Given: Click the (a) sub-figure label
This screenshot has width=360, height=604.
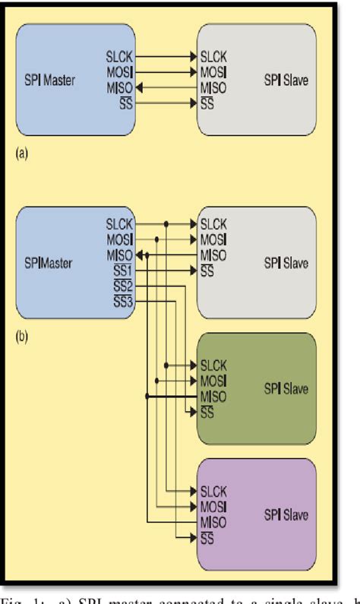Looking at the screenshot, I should coord(21,153).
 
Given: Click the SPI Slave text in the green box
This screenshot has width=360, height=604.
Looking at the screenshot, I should coord(286,390).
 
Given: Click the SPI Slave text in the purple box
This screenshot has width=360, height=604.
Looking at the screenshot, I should coord(286,516).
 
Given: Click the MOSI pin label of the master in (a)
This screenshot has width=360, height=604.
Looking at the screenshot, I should coord(120,72).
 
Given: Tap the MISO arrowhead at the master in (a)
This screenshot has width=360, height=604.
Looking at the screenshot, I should coord(141,88).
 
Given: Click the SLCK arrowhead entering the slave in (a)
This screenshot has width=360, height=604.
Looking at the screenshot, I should coord(192,56).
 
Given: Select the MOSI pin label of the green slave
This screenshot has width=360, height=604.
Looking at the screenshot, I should coord(213,381).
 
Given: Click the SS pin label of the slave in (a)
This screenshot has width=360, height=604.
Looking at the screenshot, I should coord(206,104).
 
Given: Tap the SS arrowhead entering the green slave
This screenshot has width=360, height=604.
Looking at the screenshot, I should coord(192,413).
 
